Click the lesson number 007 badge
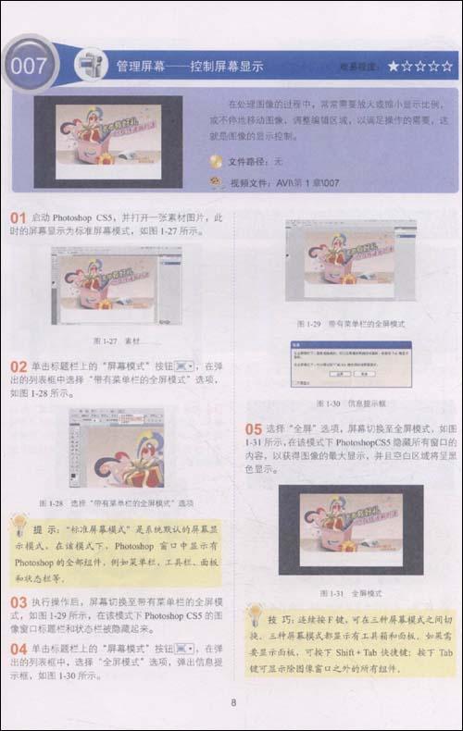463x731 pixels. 30,67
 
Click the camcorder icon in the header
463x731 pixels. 90,65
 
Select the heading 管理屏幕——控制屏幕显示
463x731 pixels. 190,67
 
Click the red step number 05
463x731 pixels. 253,429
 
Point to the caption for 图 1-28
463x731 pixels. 116,502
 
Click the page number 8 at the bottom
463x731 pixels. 233,703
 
